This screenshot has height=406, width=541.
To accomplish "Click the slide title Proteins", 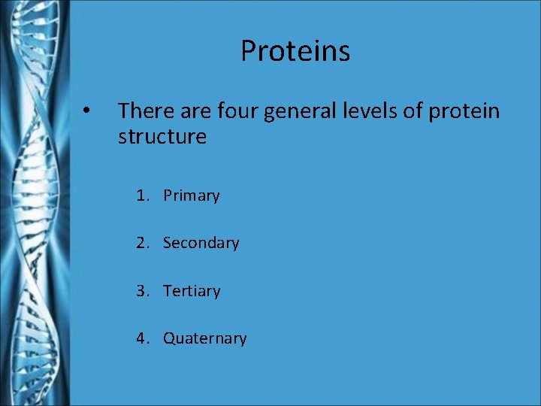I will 295,51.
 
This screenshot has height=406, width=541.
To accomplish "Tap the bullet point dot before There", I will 87,111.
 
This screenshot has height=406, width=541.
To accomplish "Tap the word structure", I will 162,138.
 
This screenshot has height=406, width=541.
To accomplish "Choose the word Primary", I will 191,196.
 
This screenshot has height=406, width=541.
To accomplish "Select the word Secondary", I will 201,243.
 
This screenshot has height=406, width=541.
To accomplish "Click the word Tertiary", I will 192,291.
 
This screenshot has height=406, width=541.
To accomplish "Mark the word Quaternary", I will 204,339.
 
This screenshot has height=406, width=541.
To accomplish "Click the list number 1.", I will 141,195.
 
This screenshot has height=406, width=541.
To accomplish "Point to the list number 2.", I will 141,243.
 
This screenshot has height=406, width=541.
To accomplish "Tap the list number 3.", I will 141,291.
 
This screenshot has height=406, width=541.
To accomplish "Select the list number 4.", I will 141,338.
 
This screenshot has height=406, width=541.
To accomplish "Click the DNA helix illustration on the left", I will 34,203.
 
